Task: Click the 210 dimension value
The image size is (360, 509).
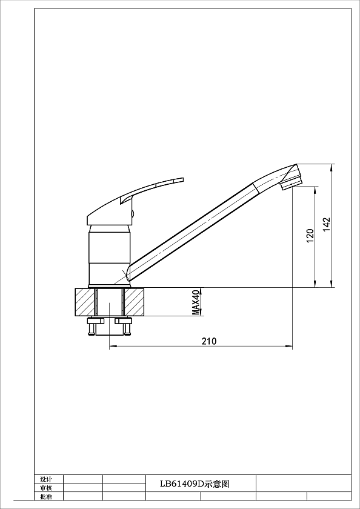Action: click(209, 341)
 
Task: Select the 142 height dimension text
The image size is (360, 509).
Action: click(326, 224)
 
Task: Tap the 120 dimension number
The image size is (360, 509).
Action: click(310, 236)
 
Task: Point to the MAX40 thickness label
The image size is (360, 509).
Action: click(196, 302)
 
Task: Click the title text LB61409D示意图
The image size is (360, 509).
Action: click(195, 484)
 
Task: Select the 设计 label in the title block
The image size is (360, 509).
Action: click(46, 479)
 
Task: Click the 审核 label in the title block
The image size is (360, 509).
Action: click(46, 488)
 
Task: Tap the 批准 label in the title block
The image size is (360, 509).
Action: click(46, 496)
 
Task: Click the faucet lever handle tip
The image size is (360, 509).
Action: click(183, 179)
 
